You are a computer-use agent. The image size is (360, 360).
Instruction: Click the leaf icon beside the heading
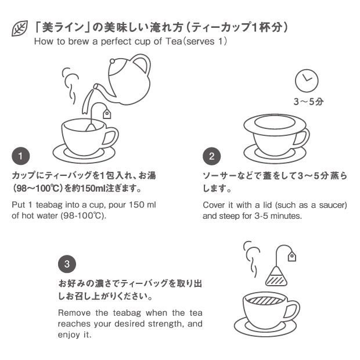tap(20, 28)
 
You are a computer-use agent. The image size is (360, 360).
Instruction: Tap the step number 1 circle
tap(21, 156)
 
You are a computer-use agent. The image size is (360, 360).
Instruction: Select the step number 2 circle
tap(211, 156)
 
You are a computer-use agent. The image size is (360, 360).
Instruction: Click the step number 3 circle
tap(67, 264)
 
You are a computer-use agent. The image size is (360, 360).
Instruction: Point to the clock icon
tap(307, 81)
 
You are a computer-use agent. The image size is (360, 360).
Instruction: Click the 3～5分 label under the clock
tap(308, 102)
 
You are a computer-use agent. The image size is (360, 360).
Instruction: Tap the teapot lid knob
tap(112, 62)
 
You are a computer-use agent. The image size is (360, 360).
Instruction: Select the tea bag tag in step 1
tap(107, 114)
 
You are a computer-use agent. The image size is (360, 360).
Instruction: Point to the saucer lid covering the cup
tap(275, 124)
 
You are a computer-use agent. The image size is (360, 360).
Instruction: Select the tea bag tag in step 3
tap(292, 256)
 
